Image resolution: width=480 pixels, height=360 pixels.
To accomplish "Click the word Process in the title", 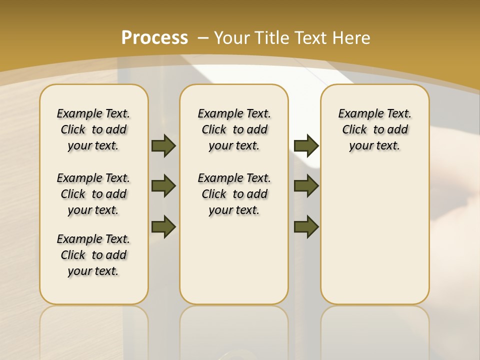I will (x=155, y=37).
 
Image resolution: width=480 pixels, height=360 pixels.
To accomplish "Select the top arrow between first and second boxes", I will (x=163, y=145).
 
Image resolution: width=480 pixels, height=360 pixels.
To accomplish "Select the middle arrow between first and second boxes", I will (x=163, y=186).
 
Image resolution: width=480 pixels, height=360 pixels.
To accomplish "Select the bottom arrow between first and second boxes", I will (x=163, y=226).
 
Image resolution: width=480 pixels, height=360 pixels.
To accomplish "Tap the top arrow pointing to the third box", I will (x=306, y=145).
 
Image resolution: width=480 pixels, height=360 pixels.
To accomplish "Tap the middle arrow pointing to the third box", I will (x=306, y=186).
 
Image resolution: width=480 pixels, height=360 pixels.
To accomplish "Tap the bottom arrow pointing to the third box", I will (x=306, y=226).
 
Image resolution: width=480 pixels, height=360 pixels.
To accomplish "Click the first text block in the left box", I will (x=93, y=129).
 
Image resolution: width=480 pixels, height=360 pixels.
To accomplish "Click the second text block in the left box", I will (x=93, y=194).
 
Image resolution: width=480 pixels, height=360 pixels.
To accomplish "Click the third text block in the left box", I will (x=93, y=255).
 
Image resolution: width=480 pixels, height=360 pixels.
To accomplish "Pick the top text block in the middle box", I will (x=234, y=129).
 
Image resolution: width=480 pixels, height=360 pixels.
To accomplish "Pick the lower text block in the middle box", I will (x=234, y=194).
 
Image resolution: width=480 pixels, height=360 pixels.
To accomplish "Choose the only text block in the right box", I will (x=374, y=129).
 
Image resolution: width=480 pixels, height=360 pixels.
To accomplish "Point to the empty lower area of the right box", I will (x=374, y=235).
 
